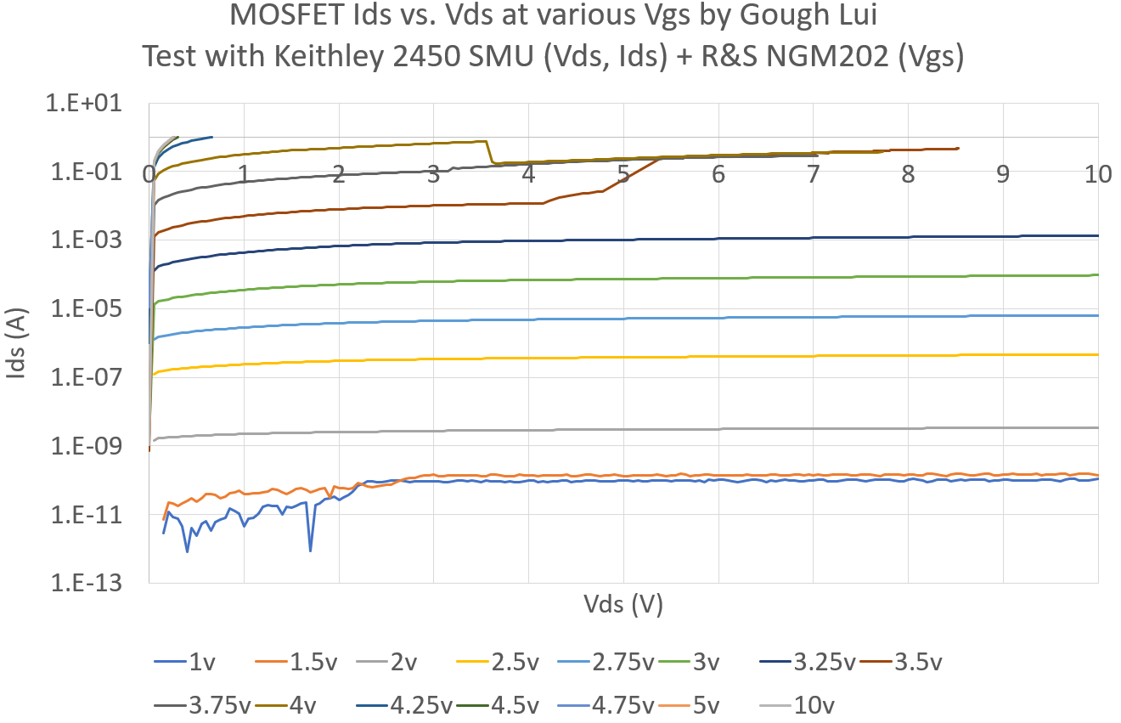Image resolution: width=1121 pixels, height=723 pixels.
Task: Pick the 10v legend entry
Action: click(816, 704)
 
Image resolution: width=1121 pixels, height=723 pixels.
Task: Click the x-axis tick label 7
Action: click(814, 175)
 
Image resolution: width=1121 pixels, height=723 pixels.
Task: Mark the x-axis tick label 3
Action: click(434, 175)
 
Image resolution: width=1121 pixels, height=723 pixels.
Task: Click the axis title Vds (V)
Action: click(623, 605)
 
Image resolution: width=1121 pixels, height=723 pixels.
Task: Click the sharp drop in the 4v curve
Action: click(490, 153)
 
